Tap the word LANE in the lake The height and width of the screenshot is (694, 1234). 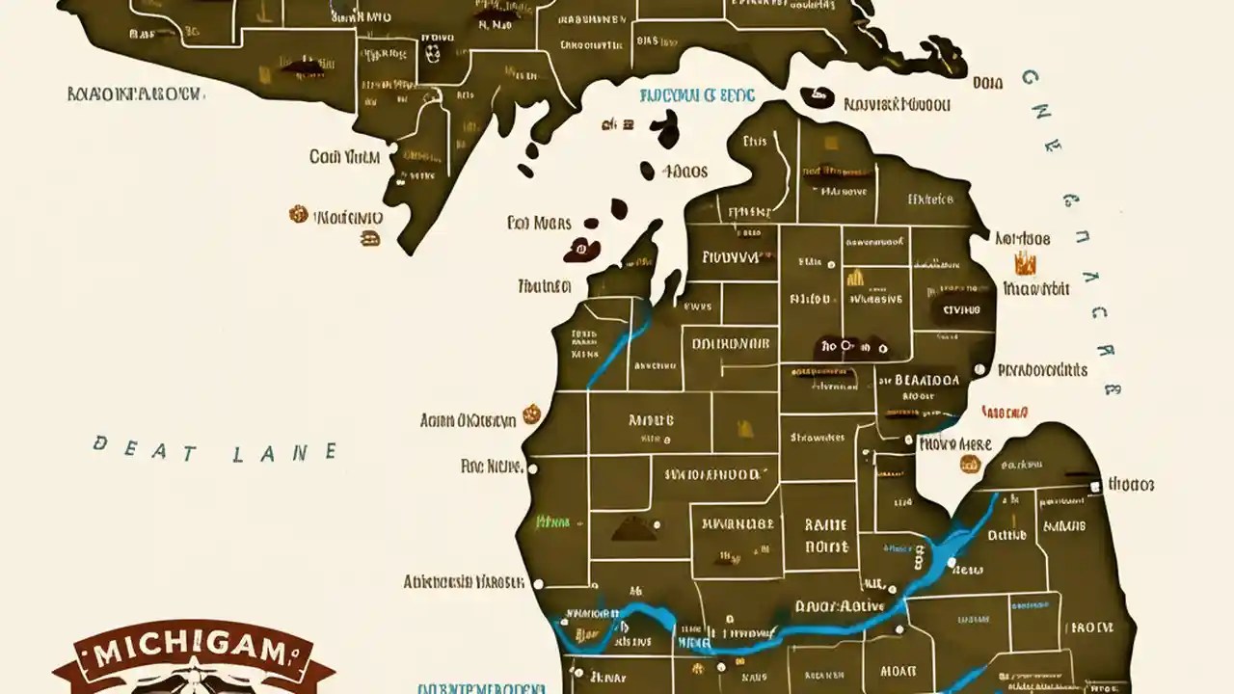point(285,452)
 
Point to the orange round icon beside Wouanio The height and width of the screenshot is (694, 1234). point(298,215)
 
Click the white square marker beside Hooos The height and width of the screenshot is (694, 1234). point(1094,487)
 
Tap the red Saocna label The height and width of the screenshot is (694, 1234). point(1005,412)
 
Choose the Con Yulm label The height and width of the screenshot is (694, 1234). point(344,156)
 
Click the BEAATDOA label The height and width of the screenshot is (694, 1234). point(926,380)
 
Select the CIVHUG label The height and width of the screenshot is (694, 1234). point(960,310)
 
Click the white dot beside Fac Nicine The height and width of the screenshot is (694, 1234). point(533,468)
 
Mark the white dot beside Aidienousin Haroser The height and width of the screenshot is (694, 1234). point(537,583)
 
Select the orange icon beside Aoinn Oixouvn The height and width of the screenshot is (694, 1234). point(528,417)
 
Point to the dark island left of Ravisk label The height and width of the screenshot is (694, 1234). point(818,97)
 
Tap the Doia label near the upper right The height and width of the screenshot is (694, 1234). point(987,83)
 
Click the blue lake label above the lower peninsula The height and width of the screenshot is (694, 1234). point(696,95)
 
